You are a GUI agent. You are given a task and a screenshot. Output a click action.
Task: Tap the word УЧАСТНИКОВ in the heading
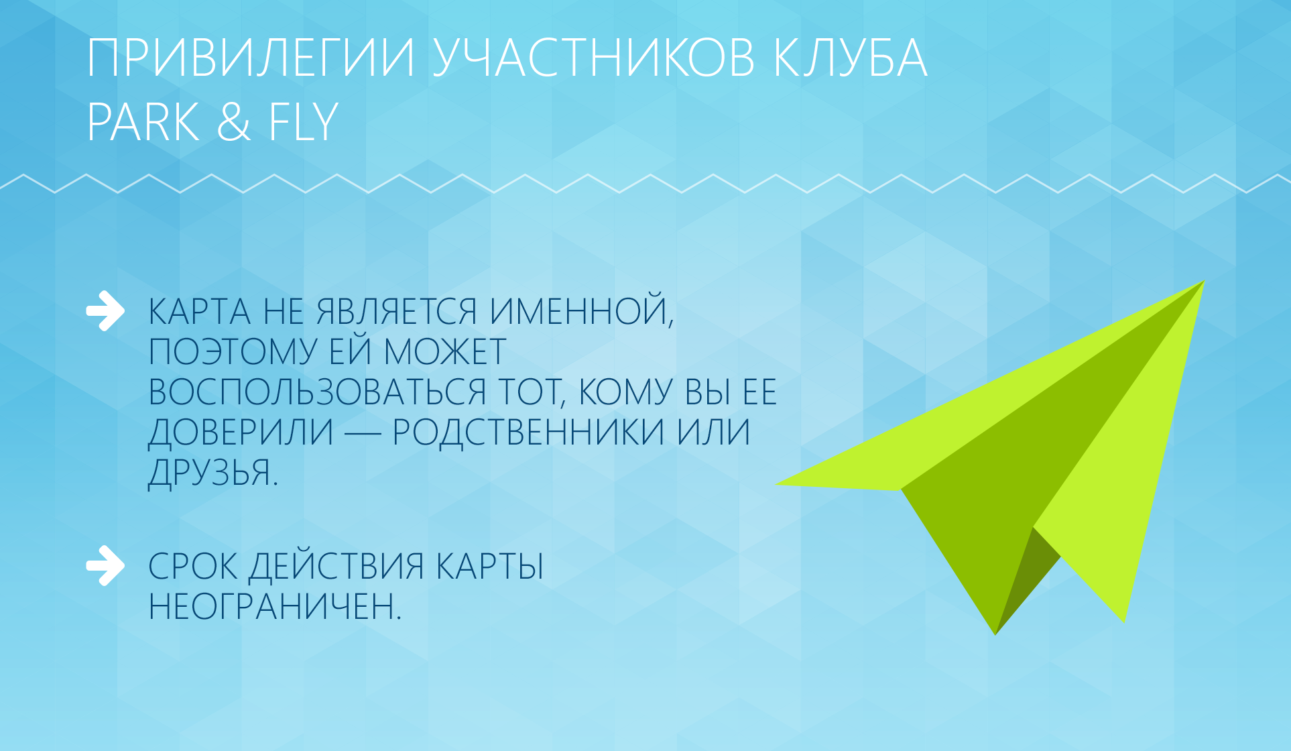[593, 58]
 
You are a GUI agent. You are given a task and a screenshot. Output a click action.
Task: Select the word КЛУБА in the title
[850, 58]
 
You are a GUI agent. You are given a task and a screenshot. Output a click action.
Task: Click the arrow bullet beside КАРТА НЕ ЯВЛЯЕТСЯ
[105, 311]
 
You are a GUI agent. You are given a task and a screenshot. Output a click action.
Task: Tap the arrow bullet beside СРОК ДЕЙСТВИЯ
[105, 566]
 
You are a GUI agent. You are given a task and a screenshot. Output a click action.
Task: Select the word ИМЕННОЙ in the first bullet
[582, 312]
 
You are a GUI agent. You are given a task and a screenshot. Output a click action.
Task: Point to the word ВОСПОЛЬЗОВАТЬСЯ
[317, 392]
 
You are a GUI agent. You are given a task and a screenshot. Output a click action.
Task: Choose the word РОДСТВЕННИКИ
[528, 432]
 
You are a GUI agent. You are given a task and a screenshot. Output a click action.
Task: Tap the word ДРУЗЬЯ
[213, 473]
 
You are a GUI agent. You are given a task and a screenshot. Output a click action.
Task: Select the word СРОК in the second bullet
[193, 567]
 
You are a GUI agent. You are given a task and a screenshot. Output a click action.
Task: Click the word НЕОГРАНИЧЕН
[275, 607]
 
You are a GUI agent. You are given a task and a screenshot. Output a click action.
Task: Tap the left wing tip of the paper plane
[777, 484]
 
